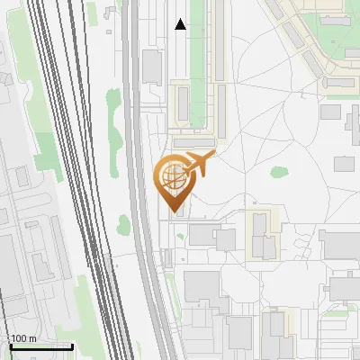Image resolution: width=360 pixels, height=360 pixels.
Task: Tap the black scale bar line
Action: pyautogui.click(x=40, y=346)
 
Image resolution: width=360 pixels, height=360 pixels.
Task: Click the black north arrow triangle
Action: pyautogui.click(x=181, y=24)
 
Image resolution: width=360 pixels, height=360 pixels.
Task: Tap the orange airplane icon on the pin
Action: pyautogui.click(x=199, y=164)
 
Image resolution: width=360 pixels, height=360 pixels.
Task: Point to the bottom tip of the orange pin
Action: pyautogui.click(x=173, y=212)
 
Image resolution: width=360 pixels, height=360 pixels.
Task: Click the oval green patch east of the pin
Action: pyautogui.click(x=277, y=175)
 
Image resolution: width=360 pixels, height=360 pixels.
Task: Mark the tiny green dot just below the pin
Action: pyautogui.click(x=180, y=237)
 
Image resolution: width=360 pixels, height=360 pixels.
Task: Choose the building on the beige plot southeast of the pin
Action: pyautogui.click(x=262, y=236)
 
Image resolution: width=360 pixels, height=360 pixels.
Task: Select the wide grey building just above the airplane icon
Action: pyautogui.click(x=194, y=141)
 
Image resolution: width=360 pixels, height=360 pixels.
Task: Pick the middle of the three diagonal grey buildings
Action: pyautogui.click(x=312, y=62)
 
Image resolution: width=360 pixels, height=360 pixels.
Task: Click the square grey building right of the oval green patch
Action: pyautogui.click(x=344, y=163)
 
